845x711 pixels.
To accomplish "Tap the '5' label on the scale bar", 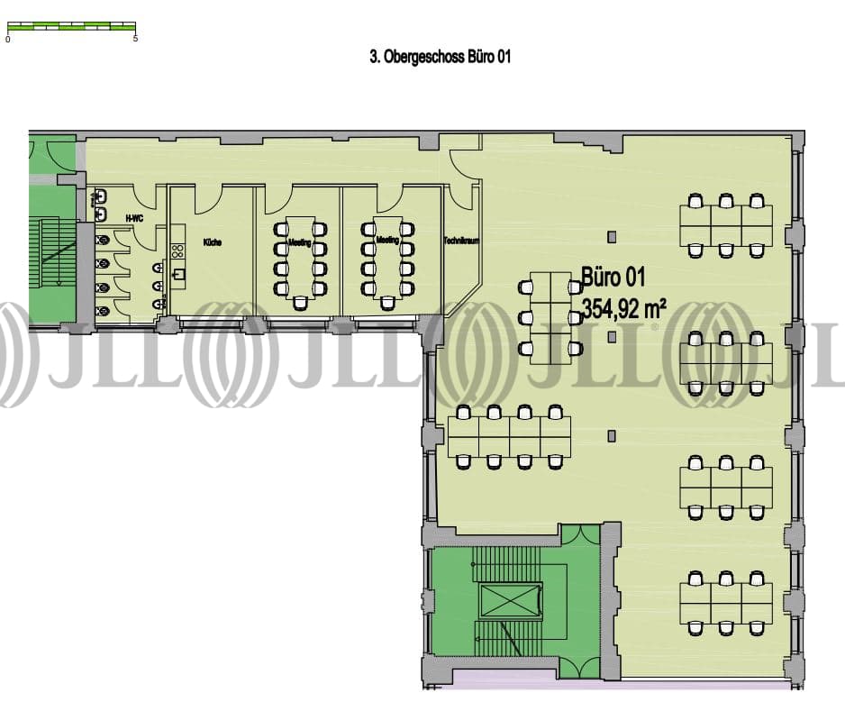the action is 135,39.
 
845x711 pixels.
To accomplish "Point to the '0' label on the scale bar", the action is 8,39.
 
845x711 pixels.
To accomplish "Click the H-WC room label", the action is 133,218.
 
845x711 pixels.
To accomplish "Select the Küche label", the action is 213,242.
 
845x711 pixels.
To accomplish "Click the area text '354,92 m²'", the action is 624,308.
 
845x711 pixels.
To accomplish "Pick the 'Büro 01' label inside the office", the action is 613,278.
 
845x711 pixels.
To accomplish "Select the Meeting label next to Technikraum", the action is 387,242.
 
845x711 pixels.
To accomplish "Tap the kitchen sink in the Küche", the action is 179,274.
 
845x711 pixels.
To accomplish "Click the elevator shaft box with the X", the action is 511,600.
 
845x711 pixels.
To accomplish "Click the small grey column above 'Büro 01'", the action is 613,236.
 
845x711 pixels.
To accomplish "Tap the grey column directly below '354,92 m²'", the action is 613,337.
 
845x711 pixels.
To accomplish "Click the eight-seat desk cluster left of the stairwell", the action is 509,437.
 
